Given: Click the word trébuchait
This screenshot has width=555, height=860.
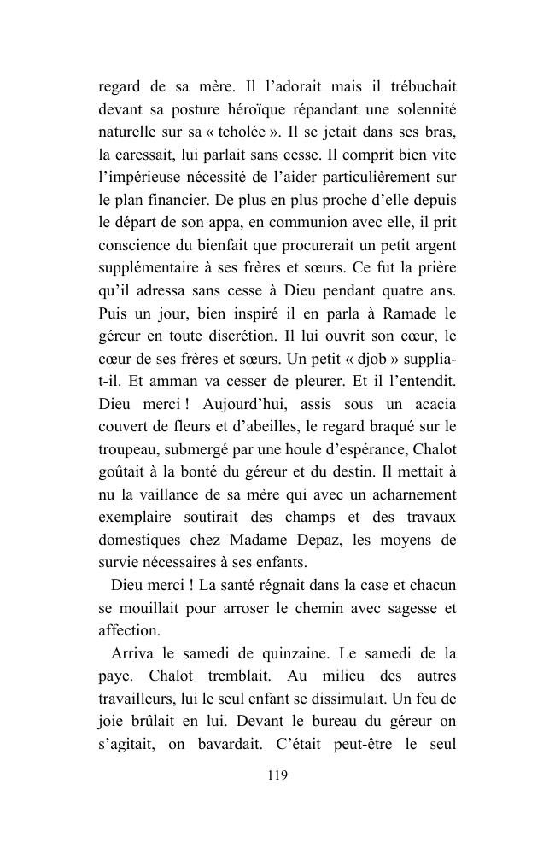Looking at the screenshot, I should [x=414, y=86].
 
